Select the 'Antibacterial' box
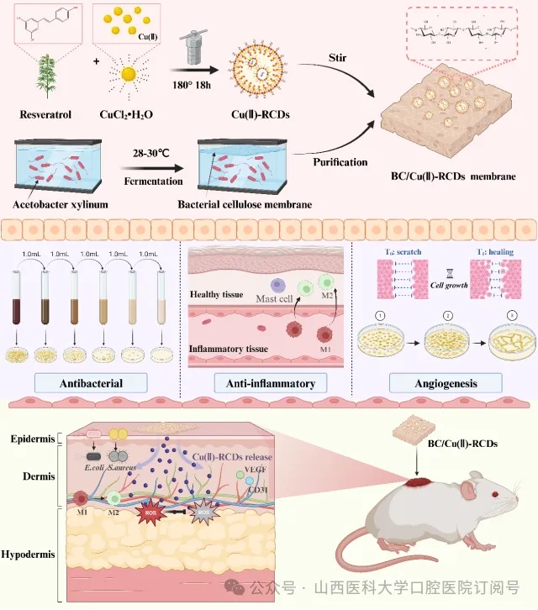pos(92,384)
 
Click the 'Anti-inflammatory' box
pos(270,384)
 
